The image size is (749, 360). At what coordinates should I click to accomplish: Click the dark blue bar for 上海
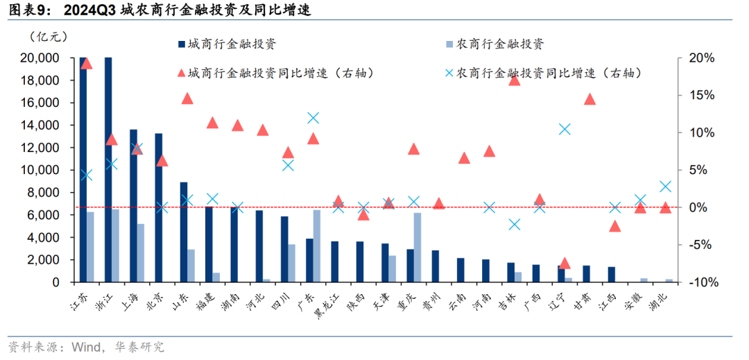pyautogui.click(x=133, y=206)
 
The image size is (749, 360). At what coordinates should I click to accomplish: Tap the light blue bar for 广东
pyautogui.click(x=317, y=246)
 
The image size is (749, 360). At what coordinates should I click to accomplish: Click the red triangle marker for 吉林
pyautogui.click(x=514, y=80)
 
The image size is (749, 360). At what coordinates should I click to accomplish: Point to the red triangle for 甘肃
pyautogui.click(x=589, y=98)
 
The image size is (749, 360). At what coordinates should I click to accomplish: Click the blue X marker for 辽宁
pyautogui.click(x=565, y=129)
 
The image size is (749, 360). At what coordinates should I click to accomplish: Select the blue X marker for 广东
pyautogui.click(x=313, y=118)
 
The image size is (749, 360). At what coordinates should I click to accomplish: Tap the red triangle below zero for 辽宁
pyautogui.click(x=565, y=263)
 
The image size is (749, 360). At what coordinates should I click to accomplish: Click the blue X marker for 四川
pyautogui.click(x=288, y=165)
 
